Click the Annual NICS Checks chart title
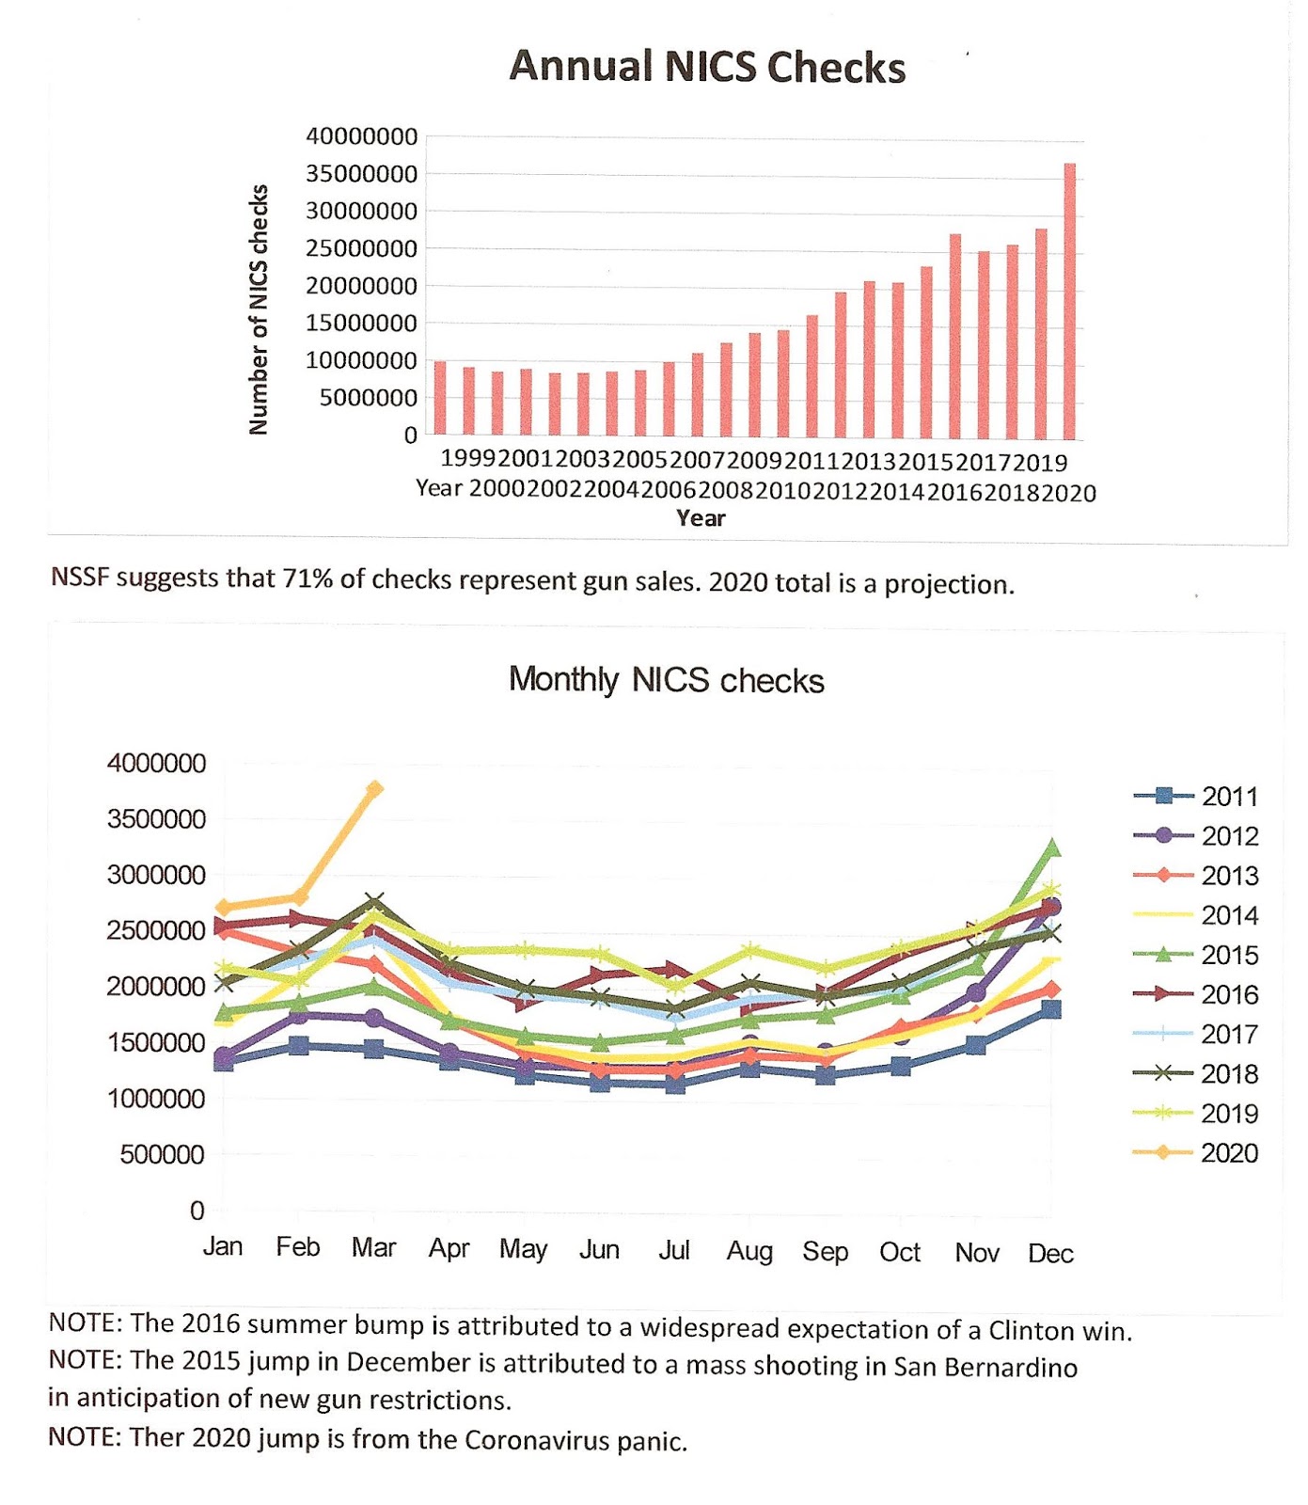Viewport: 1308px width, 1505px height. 707,67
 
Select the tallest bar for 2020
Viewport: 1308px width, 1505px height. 1069,301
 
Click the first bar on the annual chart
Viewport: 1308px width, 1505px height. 440,398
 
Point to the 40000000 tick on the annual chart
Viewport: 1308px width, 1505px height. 361,136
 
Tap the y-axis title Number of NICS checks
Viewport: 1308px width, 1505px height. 259,309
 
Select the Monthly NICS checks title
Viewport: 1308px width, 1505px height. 666,679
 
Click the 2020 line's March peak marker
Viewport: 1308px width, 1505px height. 374,789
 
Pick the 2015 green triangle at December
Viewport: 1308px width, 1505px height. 1051,848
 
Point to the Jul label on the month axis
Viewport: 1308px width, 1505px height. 674,1250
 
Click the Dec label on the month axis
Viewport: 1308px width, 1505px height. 1050,1253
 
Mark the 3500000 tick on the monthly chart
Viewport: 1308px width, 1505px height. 156,819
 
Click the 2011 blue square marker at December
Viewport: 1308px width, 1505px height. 1051,1009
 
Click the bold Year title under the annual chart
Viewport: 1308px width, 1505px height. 701,517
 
